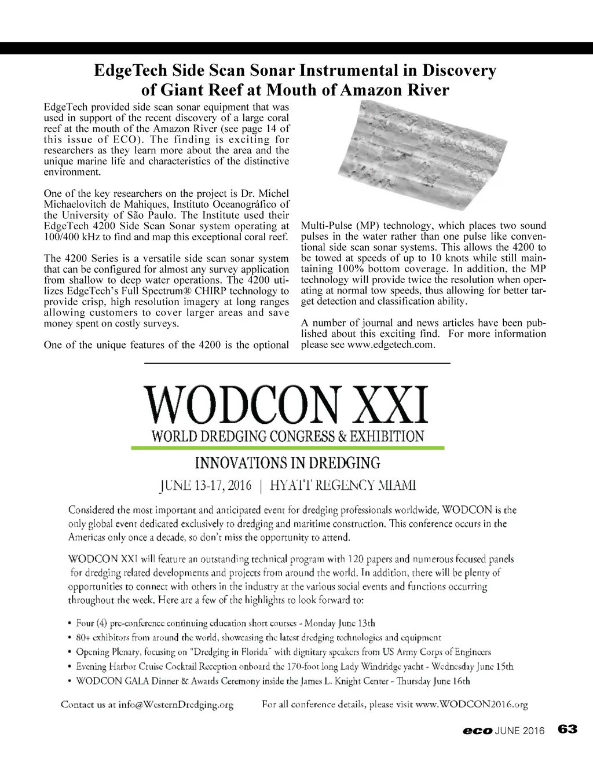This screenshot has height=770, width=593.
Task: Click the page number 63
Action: click(x=568, y=729)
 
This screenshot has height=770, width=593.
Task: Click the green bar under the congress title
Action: click(x=287, y=448)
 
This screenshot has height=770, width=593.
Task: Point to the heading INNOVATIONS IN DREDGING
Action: click(x=287, y=463)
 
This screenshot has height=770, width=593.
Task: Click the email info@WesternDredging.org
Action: click(x=175, y=705)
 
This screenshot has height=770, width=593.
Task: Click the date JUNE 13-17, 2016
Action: click(x=205, y=485)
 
